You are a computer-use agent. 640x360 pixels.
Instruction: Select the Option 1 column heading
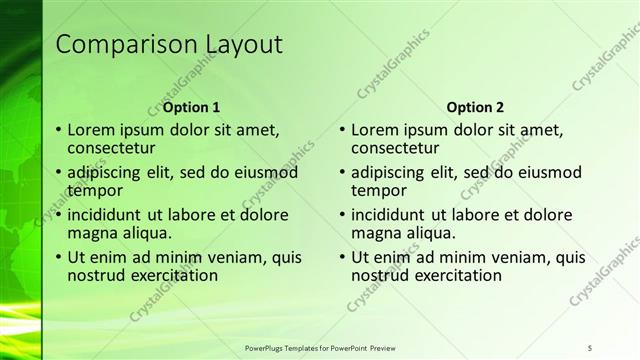190,107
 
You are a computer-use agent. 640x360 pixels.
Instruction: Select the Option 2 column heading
476,107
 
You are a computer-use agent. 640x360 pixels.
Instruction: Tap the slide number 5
591,348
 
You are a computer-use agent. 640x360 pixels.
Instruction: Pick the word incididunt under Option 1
108,215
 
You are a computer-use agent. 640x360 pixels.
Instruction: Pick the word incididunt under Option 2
394,215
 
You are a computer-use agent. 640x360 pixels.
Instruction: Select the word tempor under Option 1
94,190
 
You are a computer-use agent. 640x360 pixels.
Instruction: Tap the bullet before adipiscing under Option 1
58,172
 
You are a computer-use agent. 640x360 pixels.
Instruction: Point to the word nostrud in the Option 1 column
96,275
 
